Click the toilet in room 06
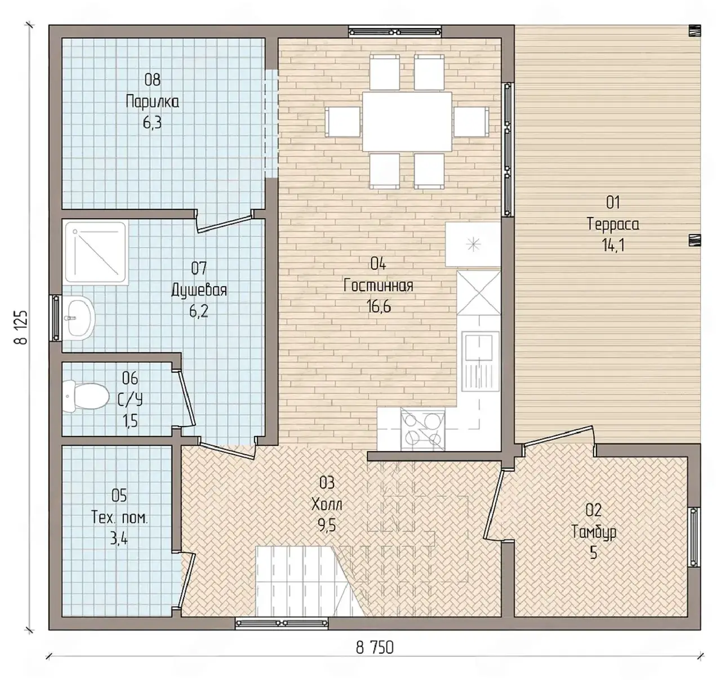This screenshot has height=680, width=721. point(86,396)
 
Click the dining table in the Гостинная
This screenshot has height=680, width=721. point(407,121)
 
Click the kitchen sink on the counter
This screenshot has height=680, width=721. point(479,365)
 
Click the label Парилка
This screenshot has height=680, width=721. point(152,102)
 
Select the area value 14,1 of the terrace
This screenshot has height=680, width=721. point(613,246)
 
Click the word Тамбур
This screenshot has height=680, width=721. point(594,532)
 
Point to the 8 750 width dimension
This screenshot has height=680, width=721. point(375,647)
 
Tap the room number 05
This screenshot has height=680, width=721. point(119,495)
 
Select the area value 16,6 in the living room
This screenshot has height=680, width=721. point(379,307)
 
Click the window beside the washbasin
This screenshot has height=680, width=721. point(55,318)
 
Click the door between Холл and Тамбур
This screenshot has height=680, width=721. point(494,505)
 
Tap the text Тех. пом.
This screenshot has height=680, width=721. point(119,518)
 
